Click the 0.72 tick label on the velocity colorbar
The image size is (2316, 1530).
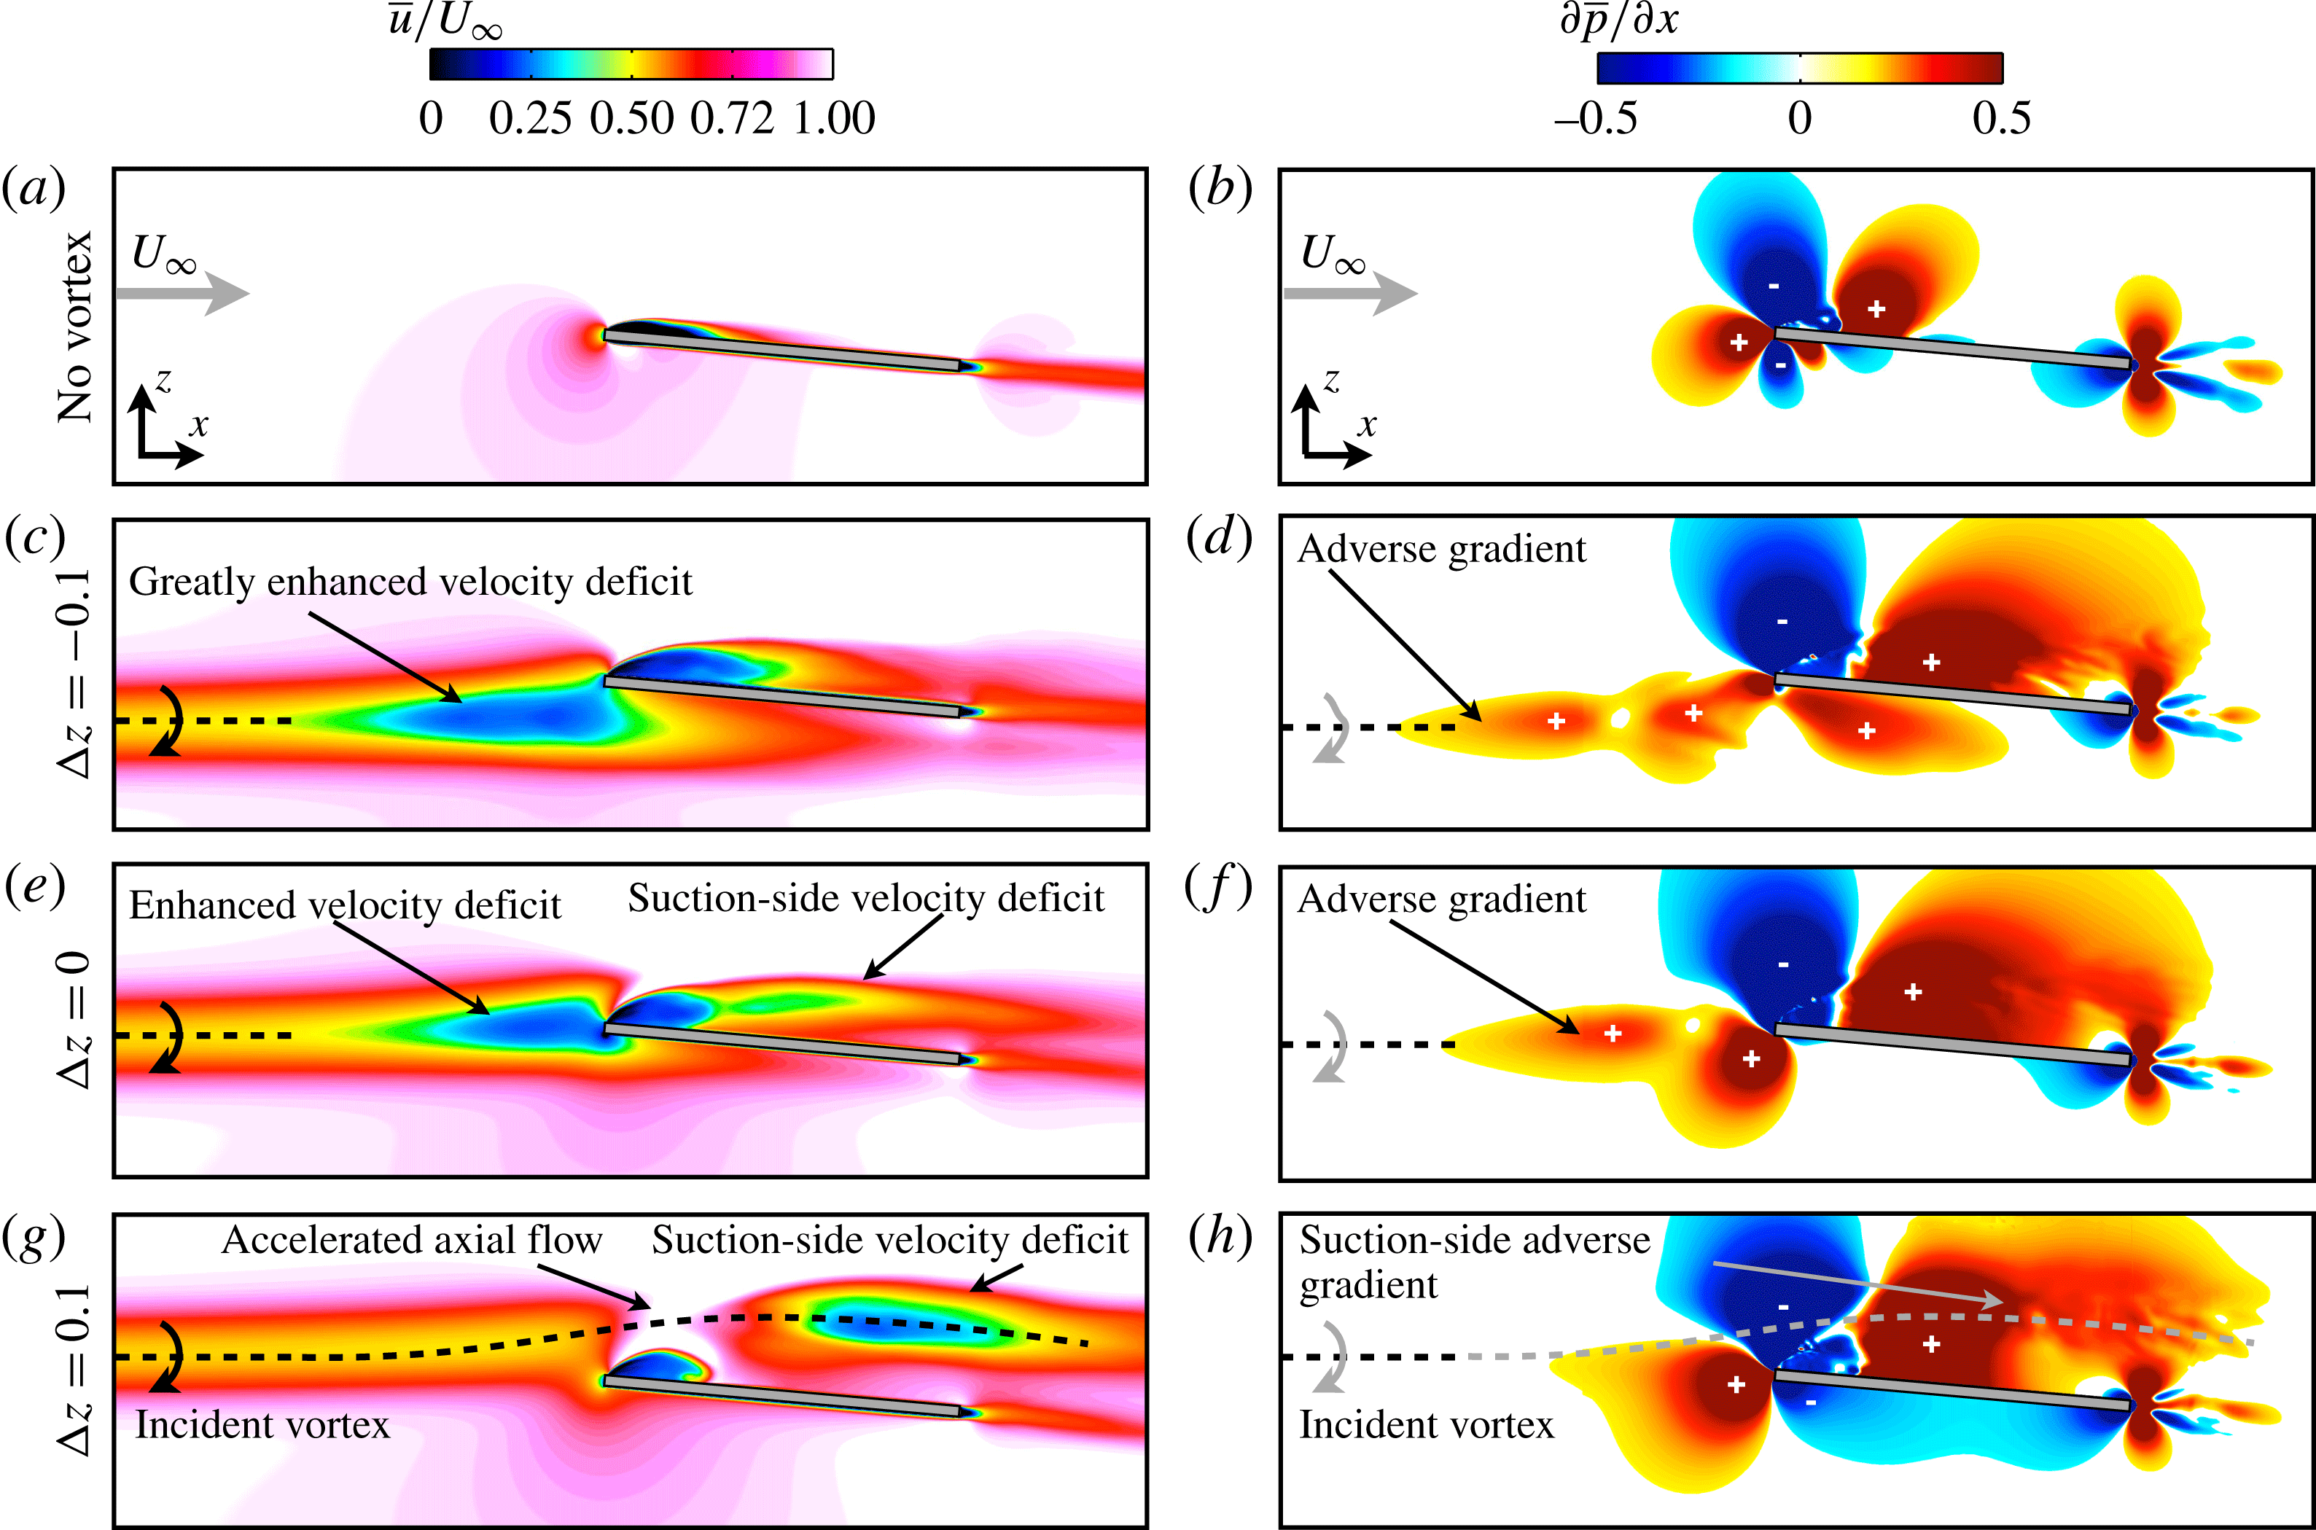click(732, 119)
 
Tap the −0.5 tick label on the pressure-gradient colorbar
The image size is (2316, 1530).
click(1596, 119)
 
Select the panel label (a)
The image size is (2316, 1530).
click(34, 188)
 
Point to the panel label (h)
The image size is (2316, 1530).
click(1220, 1237)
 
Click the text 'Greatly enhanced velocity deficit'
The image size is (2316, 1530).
click(410, 582)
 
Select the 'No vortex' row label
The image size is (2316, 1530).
click(75, 327)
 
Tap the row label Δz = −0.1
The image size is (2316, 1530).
click(75, 674)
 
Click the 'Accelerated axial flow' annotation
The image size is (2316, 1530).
click(412, 1240)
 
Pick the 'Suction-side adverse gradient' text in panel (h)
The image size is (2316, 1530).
click(1473, 1262)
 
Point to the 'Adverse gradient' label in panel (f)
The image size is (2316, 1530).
click(1441, 899)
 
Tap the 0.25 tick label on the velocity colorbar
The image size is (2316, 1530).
click(530, 119)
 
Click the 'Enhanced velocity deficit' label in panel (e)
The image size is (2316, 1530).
click(344, 905)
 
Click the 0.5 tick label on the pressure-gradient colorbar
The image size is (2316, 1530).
click(2001, 119)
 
